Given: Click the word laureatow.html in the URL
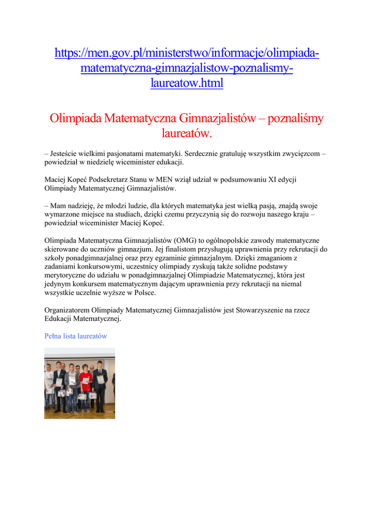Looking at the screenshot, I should tap(187, 83).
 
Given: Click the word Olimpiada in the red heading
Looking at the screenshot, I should tap(75, 118).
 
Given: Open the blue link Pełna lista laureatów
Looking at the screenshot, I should tap(76, 336).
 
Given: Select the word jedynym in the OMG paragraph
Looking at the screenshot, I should tap(57, 284).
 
